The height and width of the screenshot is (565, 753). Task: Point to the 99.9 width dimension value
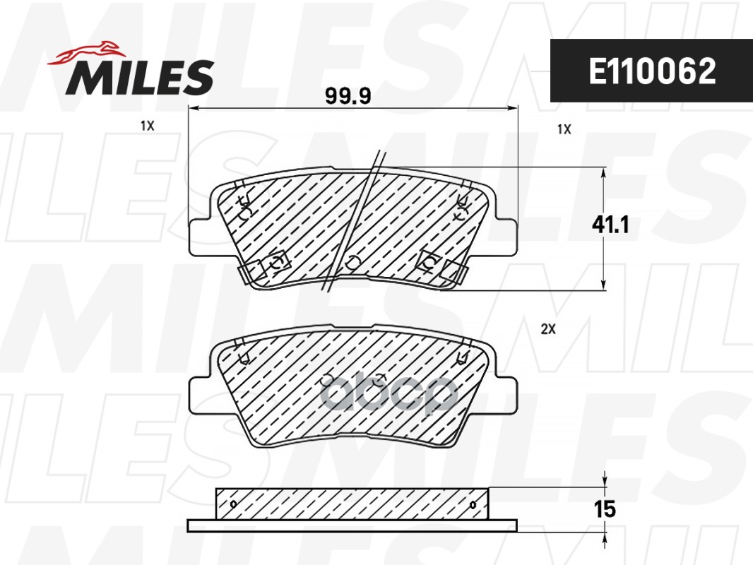click(348, 97)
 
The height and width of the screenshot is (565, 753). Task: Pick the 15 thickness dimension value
click(605, 509)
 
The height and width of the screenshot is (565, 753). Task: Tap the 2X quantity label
click(548, 329)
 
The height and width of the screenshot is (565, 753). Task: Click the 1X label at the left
click(147, 126)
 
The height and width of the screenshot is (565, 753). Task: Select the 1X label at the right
click(563, 129)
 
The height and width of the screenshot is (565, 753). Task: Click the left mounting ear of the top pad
click(201, 237)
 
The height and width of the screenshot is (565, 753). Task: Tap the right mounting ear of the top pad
click(506, 237)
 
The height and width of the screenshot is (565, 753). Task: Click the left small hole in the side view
click(234, 504)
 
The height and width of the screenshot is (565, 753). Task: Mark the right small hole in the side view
click(472, 504)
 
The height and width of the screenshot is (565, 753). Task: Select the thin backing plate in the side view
click(352, 525)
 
